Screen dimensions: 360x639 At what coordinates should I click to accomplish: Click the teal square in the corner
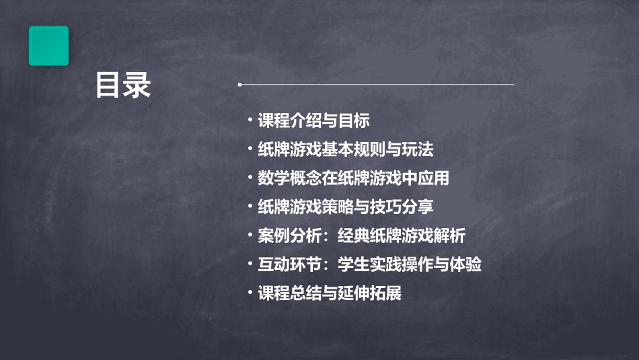pos(48,46)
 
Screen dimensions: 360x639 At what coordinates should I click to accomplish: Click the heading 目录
pos(123,85)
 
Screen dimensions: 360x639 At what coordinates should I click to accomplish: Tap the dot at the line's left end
pos(239,85)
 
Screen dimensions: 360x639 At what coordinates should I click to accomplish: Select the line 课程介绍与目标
pos(313,121)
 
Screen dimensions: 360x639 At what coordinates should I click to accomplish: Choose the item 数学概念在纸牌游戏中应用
pos(353,178)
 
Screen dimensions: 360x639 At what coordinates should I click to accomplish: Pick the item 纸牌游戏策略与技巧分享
pos(346,207)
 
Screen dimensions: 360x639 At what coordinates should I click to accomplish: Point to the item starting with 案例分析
pos(361,236)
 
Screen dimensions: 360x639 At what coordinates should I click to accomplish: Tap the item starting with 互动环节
pos(369,264)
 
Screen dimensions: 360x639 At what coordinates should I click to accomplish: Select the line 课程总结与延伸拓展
pos(330,293)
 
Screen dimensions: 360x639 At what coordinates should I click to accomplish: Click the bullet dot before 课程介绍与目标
pos(250,120)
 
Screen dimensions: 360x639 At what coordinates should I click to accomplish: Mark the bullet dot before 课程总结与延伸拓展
pos(250,293)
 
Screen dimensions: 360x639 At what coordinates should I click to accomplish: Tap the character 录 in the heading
pos(137,85)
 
